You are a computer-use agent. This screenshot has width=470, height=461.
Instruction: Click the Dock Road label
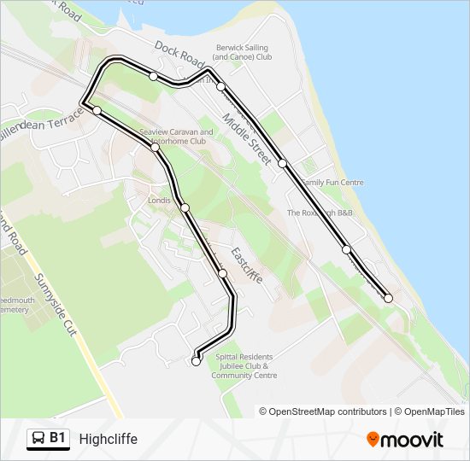pos(180,54)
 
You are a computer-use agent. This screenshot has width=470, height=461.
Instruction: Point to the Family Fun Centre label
pos(332,183)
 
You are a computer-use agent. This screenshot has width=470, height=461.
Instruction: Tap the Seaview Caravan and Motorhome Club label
pos(175,137)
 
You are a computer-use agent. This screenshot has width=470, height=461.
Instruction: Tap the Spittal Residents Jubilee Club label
pos(244,365)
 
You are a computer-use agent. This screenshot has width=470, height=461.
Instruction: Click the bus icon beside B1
pos(38,439)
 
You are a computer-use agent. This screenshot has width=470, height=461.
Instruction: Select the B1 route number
pos(57,439)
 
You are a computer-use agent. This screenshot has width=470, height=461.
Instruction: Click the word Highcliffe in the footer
pos(108,439)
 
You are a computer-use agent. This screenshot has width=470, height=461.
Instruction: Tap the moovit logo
pos(405,439)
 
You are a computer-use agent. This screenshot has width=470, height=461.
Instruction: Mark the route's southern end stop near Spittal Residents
pos(196,362)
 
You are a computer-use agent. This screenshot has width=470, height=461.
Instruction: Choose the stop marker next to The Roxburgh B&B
pos(346,250)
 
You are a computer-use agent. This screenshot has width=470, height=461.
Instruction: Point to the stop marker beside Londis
pos(185,207)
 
